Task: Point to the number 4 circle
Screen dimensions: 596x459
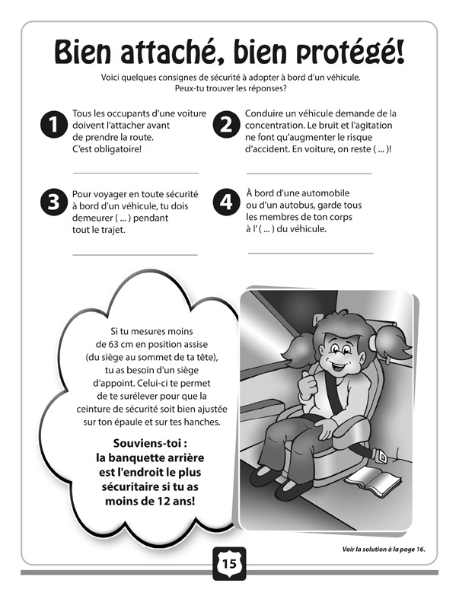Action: click(x=225, y=202)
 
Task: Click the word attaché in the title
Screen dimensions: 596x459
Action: click(x=179, y=53)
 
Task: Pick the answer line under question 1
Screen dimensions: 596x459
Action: click(x=135, y=174)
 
